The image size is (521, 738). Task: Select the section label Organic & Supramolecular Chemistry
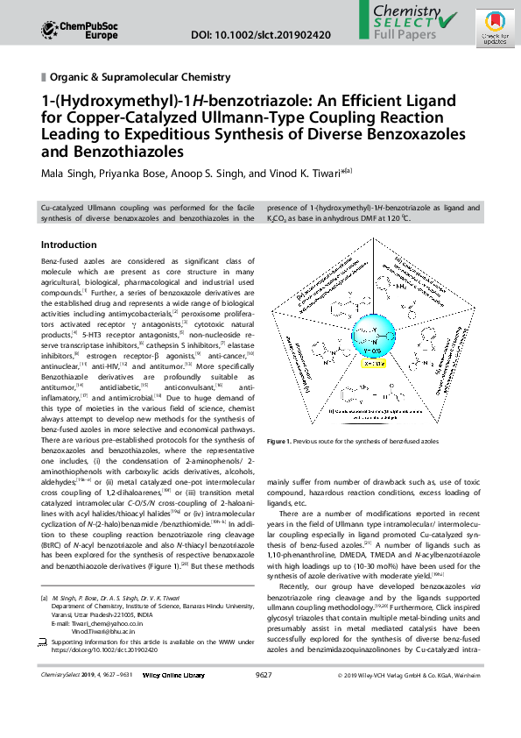point(145,77)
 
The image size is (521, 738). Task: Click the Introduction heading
point(70,245)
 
